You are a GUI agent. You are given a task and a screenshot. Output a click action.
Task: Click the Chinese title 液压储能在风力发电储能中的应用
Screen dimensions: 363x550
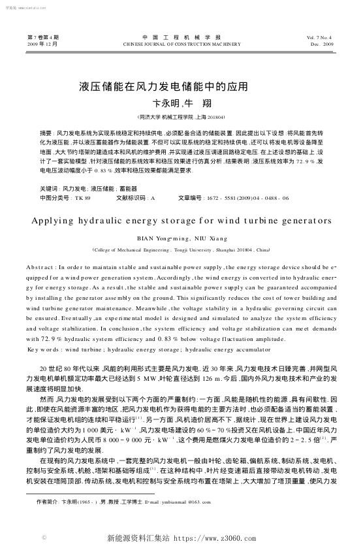pyautogui.click(x=164, y=86)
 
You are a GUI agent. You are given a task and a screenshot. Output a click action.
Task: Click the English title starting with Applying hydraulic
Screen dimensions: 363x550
pyautogui.click(x=181, y=221)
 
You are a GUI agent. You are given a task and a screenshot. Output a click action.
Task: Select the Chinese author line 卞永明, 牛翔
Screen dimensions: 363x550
pyautogui.click(x=182, y=103)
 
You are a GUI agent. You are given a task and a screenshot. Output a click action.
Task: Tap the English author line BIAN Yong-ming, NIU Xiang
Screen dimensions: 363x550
pyautogui.click(x=181, y=238)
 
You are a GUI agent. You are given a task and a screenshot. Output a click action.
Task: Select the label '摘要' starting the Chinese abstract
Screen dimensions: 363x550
pyautogui.click(x=46, y=132)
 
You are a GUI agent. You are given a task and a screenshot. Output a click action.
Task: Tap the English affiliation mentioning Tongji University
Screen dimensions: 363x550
pyautogui.click(x=181, y=250)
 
